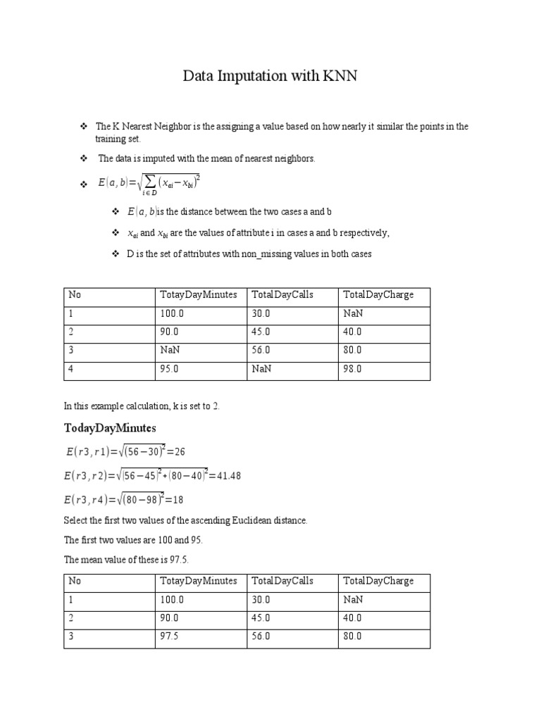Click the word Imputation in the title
[x=251, y=77]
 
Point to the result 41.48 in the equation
[x=226, y=476]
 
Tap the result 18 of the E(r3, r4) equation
[x=178, y=501]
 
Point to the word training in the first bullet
[x=111, y=139]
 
